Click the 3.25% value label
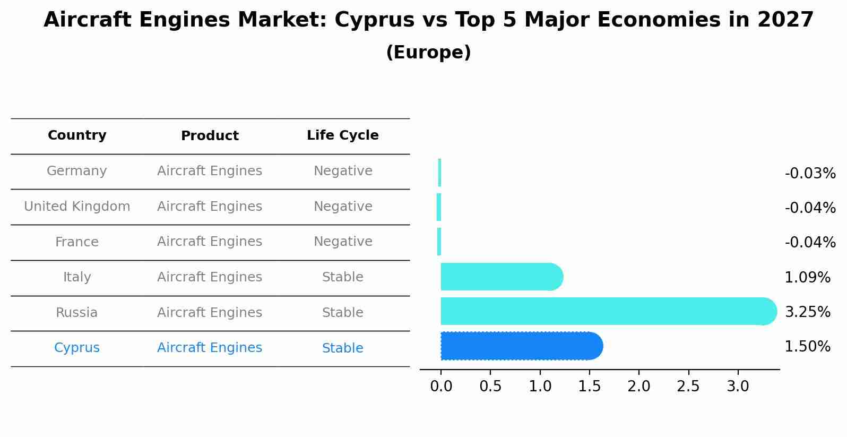807,312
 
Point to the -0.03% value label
810,174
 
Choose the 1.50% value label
807,347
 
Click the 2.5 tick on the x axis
688,387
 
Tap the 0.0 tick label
441,387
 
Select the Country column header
77,135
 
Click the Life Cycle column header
342,135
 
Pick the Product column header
210,136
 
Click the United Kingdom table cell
77,207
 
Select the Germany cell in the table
77,171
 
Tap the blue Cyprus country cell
77,348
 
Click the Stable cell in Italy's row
342,277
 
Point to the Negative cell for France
342,242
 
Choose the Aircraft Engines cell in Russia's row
210,313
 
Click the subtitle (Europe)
428,53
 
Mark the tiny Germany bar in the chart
439,173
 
